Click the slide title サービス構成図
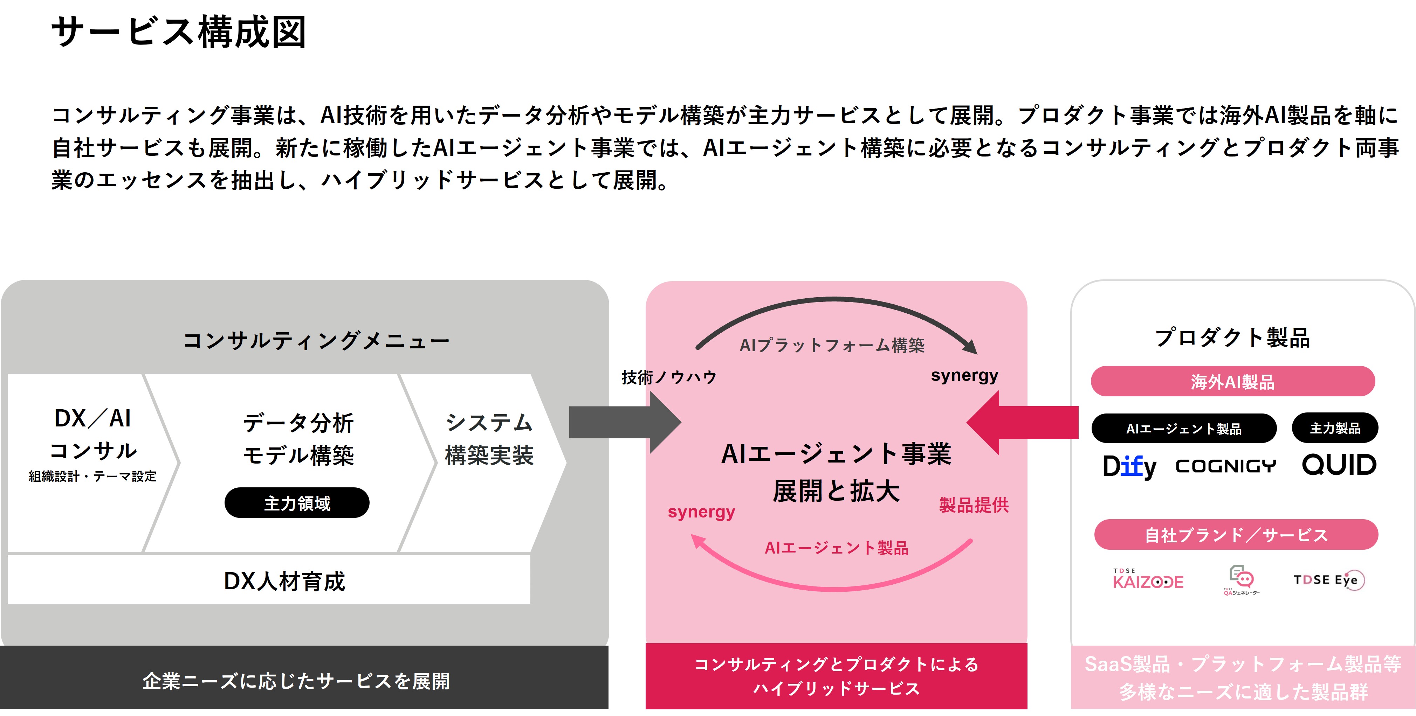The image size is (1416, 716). pos(179,32)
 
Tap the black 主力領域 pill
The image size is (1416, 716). pos(297,503)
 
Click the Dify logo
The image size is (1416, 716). pos(1129,466)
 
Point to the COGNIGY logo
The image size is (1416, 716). pos(1225,466)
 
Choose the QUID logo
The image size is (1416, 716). pos(1339,465)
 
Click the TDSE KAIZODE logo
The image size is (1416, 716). pos(1148,580)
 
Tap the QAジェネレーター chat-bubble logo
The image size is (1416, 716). pos(1241,580)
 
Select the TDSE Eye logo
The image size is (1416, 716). pos(1328,580)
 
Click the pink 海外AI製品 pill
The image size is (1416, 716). pos(1232,381)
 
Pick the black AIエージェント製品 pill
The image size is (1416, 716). pos(1183,429)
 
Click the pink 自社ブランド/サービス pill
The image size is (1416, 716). pos(1236,535)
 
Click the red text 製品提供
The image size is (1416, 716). pos(974,505)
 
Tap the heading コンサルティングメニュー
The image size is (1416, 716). pos(316,341)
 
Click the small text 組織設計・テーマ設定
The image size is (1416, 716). pos(92,477)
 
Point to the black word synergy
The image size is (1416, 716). pos(964,375)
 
